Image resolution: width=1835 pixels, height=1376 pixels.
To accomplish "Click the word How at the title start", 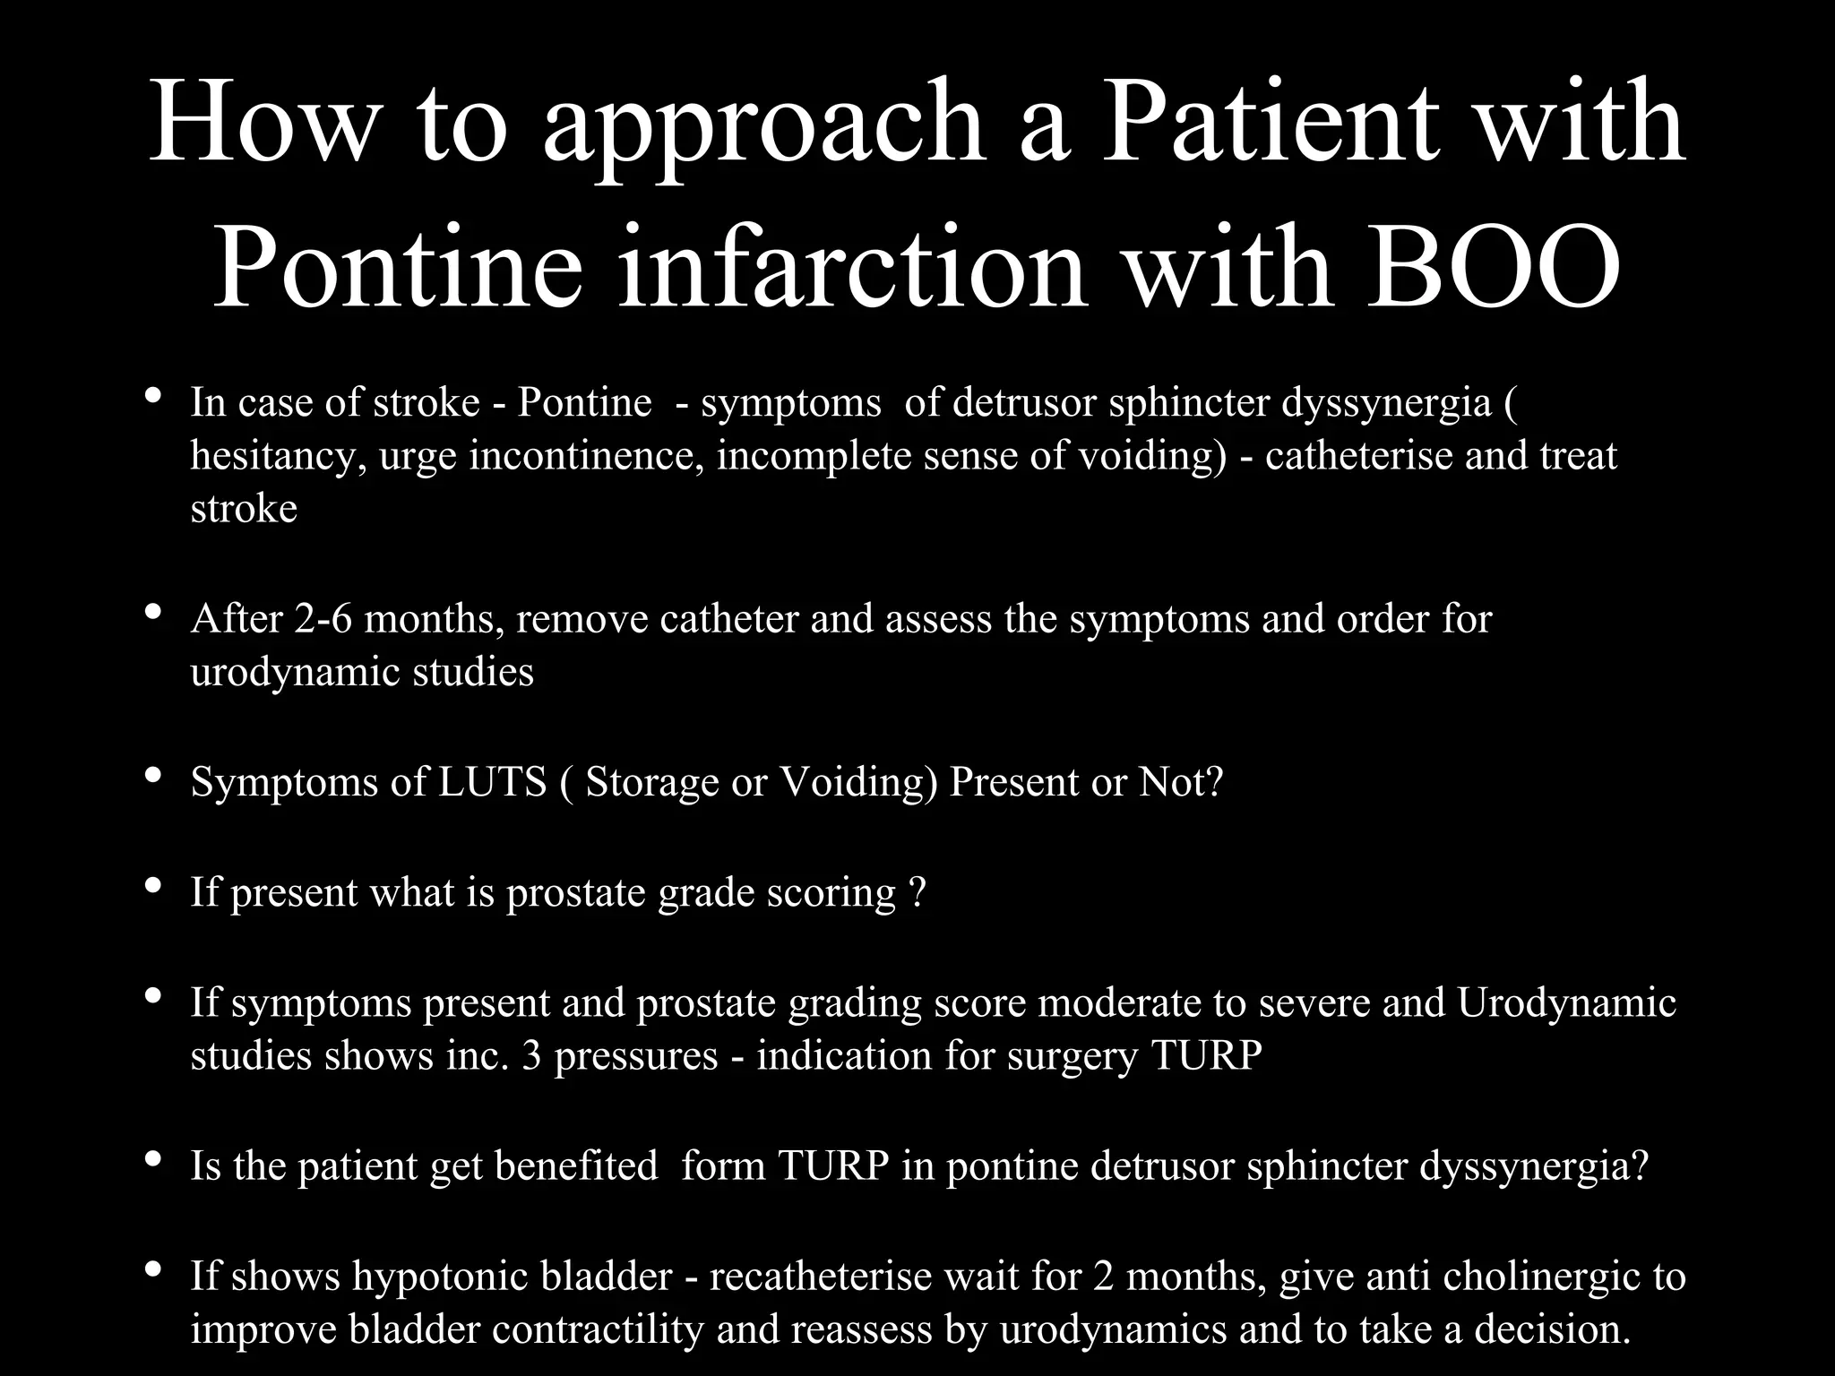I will [x=263, y=121].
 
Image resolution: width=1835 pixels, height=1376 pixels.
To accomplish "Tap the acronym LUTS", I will [x=492, y=782].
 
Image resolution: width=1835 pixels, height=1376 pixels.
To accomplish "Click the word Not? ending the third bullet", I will [x=1180, y=782].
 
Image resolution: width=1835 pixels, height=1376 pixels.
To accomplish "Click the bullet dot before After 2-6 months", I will [x=152, y=614].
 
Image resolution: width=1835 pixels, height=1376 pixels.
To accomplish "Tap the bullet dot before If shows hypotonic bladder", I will [x=152, y=1270].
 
